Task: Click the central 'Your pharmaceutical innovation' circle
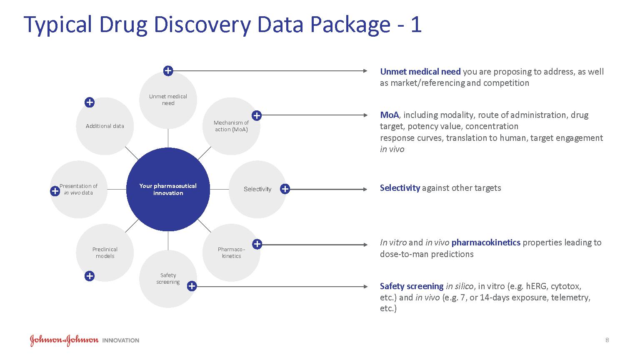tap(168, 190)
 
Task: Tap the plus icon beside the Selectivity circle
tap(285, 189)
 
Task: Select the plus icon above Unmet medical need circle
tap(168, 71)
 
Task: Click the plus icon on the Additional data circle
tap(90, 102)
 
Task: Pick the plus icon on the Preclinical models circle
tap(90, 276)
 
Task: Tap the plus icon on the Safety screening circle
tap(192, 286)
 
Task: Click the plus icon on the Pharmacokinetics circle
tap(257, 244)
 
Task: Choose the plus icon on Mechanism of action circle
tap(257, 116)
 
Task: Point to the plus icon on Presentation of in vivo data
tap(55, 191)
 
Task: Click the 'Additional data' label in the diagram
tap(105, 126)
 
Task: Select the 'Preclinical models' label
tap(105, 252)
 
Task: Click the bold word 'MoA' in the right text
tap(389, 115)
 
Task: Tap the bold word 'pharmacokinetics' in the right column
tap(486, 242)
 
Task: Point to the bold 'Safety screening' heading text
tap(411, 286)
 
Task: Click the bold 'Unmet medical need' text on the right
tap(420, 72)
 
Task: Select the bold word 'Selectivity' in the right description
tap(400, 188)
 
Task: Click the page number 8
tap(607, 340)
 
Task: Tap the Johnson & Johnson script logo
tap(64, 340)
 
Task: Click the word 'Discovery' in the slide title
tap(202, 25)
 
